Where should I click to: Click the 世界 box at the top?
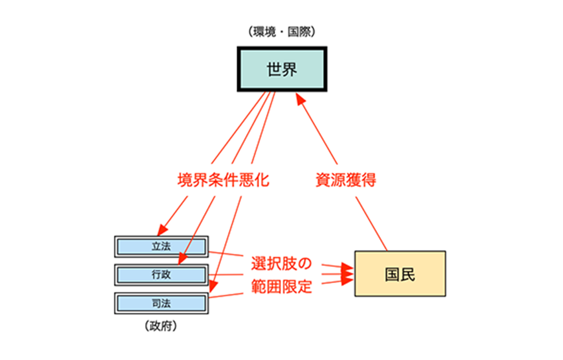[282, 69]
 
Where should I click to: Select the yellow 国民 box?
[400, 274]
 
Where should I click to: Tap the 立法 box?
[161, 246]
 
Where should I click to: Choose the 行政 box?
[161, 275]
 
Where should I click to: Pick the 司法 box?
[161, 303]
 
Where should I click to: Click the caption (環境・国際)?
[281, 32]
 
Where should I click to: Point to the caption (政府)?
[161, 327]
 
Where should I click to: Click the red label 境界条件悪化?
[223, 180]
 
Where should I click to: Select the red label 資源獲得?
[346, 180]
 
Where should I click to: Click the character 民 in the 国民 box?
[408, 274]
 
